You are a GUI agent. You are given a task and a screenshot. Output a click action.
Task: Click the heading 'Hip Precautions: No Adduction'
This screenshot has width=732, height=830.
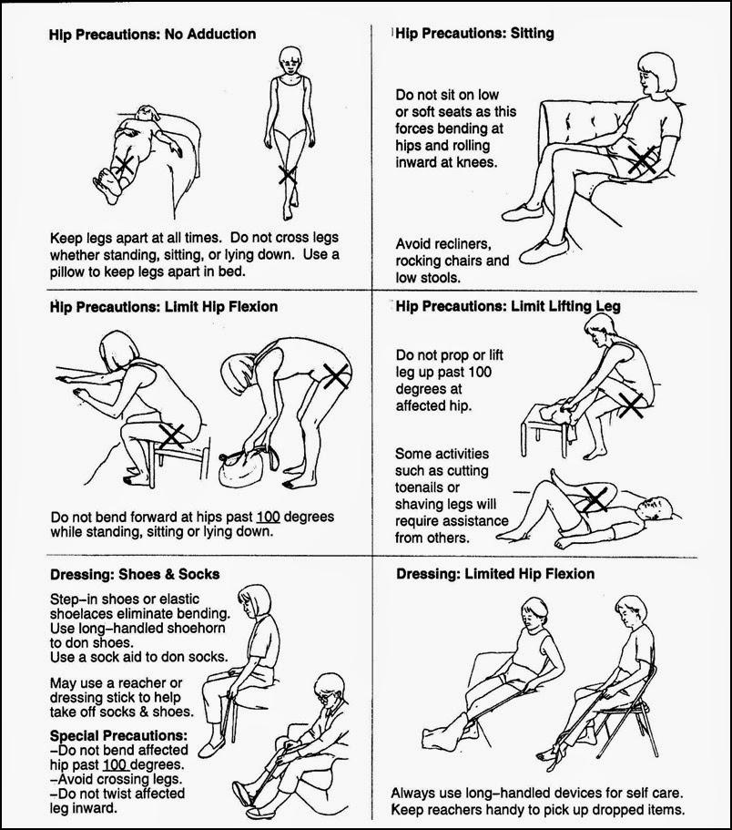tap(152, 35)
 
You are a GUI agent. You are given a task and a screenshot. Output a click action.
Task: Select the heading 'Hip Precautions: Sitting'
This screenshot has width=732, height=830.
tap(475, 34)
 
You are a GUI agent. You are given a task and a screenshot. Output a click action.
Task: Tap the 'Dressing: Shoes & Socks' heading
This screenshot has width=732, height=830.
tap(134, 574)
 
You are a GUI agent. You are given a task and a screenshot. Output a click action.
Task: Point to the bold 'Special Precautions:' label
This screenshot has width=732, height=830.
tap(118, 735)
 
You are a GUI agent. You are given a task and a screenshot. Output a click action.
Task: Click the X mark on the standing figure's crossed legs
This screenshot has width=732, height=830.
tap(287, 174)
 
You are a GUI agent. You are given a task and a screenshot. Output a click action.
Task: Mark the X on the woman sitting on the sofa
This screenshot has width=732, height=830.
tap(643, 159)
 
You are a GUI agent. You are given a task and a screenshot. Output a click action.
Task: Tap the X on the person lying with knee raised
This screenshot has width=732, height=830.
tap(595, 497)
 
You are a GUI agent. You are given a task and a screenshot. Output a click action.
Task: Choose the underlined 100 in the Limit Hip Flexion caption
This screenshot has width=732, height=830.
tap(268, 517)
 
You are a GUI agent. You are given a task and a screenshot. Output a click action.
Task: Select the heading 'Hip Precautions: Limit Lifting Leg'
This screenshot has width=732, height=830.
tap(509, 307)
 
